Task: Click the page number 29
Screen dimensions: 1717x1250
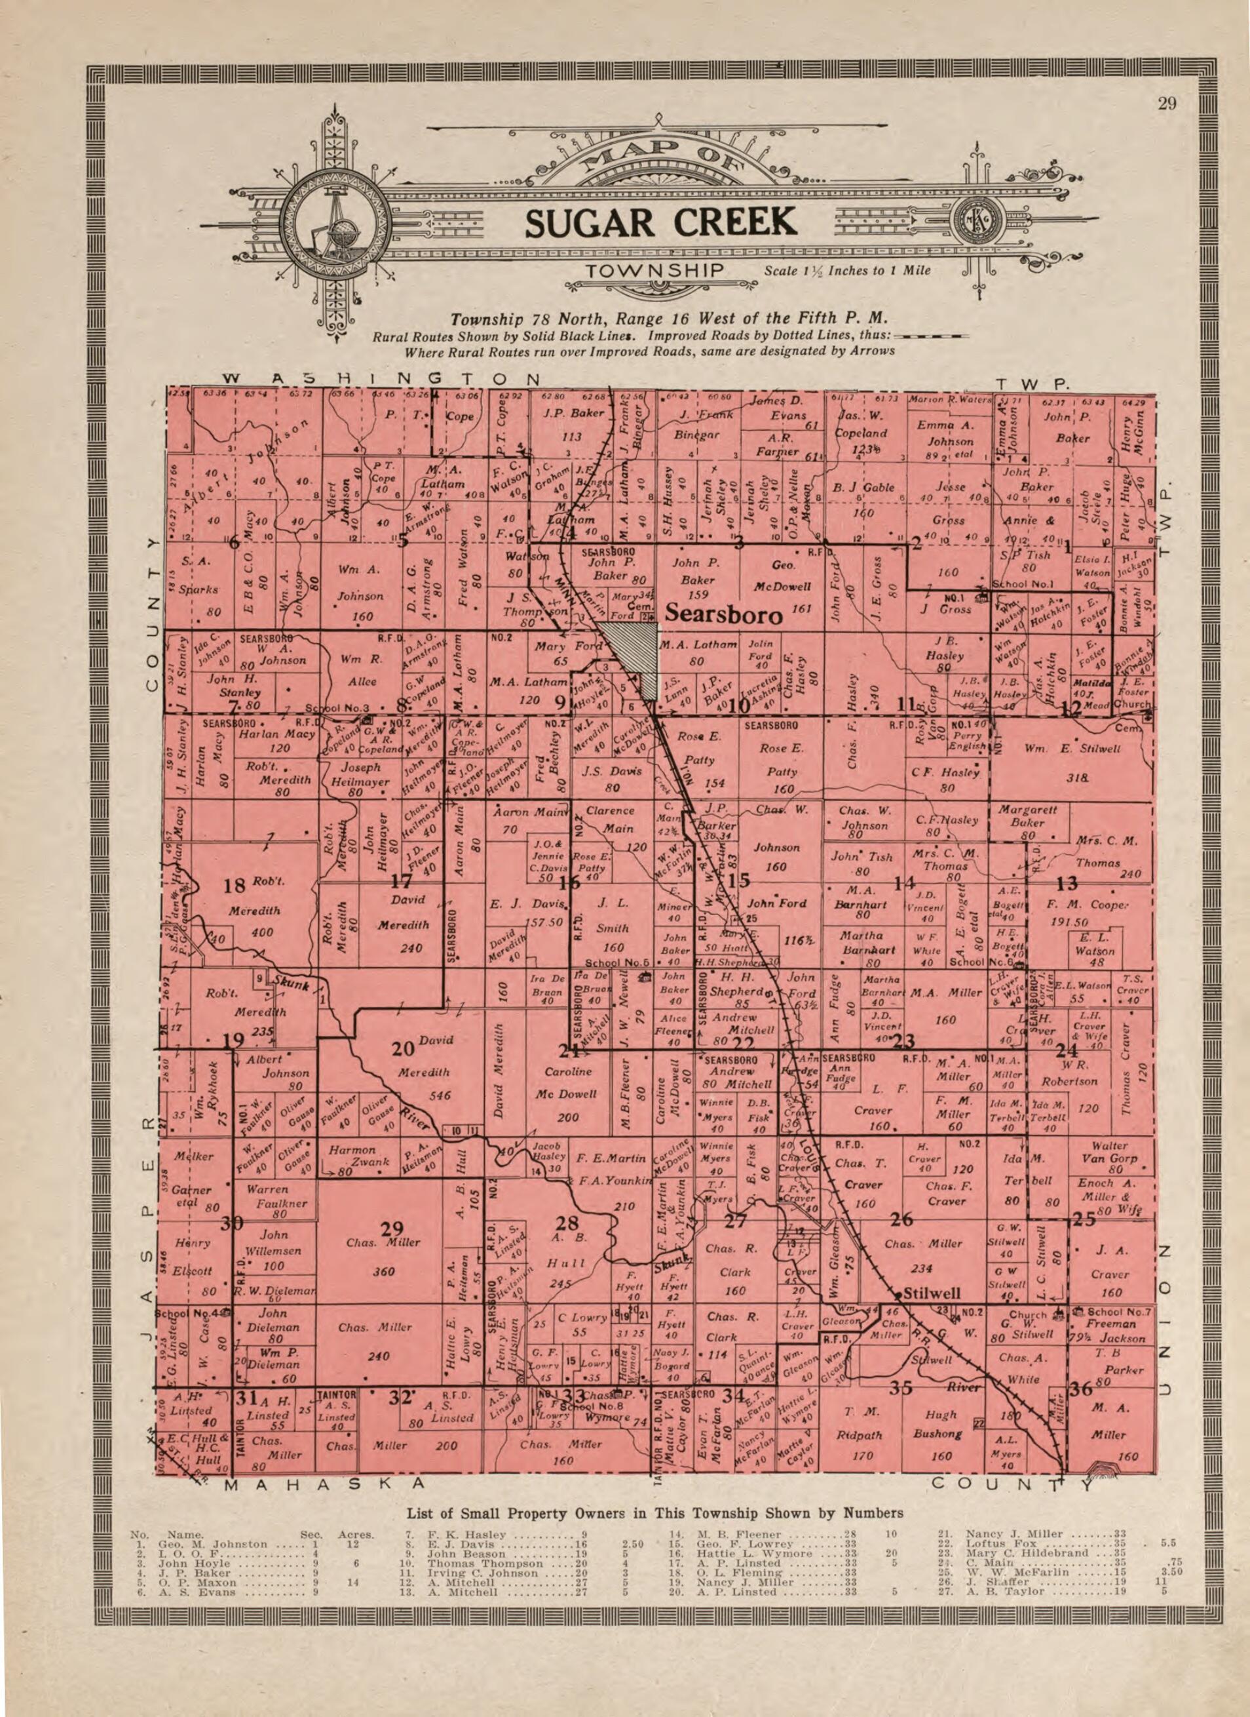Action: tap(1167, 104)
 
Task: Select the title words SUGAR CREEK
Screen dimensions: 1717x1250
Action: tap(660, 222)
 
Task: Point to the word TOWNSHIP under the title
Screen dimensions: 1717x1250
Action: tap(656, 271)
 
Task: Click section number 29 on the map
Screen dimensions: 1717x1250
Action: tap(392, 1228)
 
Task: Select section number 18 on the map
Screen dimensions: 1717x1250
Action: tap(235, 885)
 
